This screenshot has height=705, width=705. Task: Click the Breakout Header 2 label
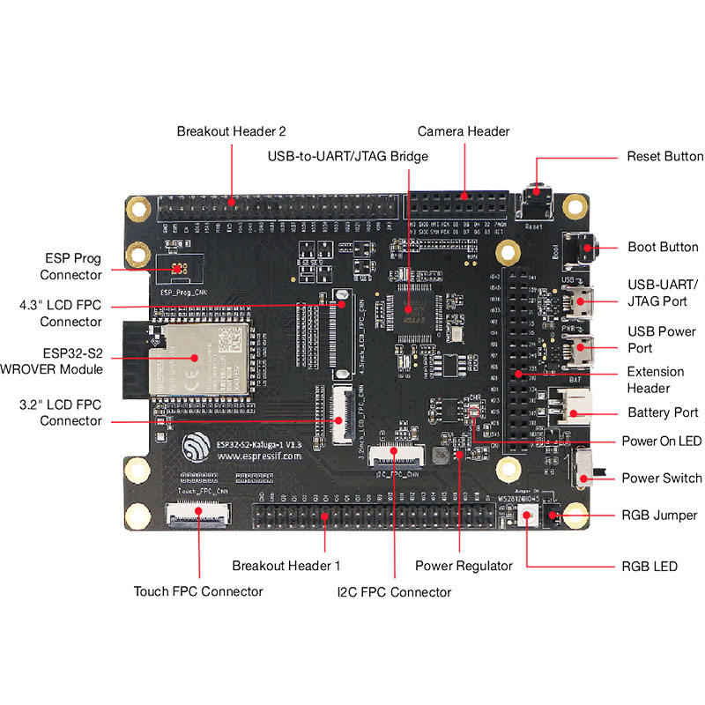pos(231,131)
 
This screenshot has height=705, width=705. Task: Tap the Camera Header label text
pos(464,131)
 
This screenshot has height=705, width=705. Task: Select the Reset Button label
pos(664,157)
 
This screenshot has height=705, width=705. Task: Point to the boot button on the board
pos(584,249)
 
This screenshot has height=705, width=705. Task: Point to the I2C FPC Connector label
pos(394,591)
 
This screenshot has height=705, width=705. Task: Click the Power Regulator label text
pos(464,566)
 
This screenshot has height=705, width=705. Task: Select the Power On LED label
pos(661,441)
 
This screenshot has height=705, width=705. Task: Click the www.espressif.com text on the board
pos(259,457)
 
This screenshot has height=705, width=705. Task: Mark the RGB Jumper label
pos(659,515)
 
